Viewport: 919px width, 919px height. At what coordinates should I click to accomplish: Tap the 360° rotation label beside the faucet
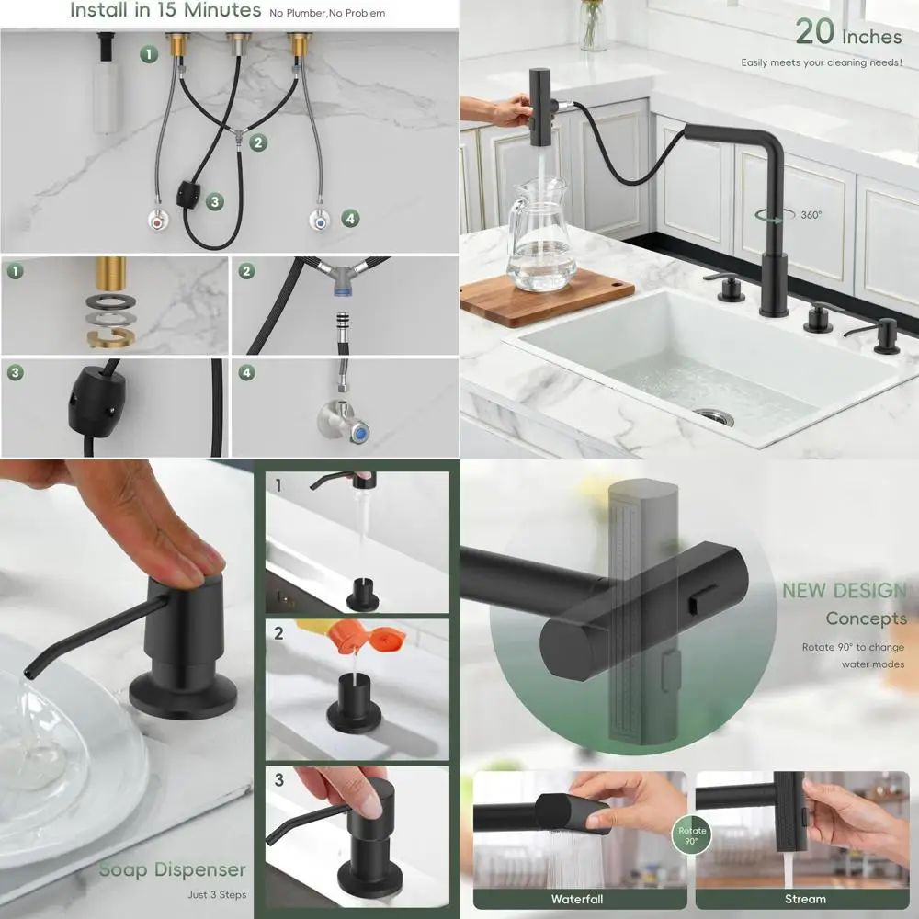[x=811, y=215]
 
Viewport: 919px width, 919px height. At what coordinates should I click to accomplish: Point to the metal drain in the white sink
[x=713, y=416]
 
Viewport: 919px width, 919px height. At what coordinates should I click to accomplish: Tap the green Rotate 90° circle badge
[x=692, y=835]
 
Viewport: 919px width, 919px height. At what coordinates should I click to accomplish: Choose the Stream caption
[x=805, y=899]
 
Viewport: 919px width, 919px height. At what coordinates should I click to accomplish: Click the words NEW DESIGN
[x=844, y=591]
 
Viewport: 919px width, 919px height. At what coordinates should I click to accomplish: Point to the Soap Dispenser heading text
[x=173, y=869]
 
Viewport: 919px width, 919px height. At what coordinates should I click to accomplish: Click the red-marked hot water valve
[x=160, y=221]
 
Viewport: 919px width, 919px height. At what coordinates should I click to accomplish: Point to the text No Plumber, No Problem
[x=327, y=13]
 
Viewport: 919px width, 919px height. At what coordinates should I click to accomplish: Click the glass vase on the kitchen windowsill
[x=594, y=26]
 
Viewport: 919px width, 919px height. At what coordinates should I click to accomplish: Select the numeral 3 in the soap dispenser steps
[x=279, y=780]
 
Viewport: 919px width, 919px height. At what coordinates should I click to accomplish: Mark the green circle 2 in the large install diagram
[x=258, y=142]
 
